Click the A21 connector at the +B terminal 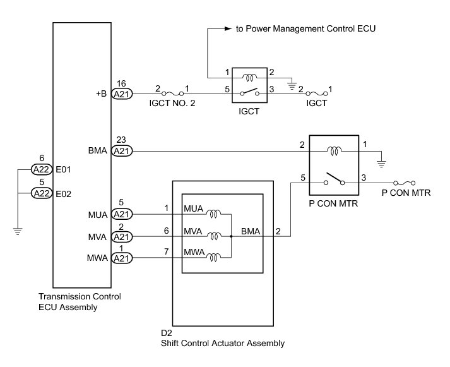click(122, 94)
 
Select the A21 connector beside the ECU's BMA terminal click(122, 151)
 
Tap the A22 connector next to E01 click(42, 169)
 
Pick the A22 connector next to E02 click(42, 193)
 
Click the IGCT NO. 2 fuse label click(172, 103)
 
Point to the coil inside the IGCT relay click(250, 77)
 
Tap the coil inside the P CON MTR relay click(334, 151)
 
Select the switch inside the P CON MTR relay click(334, 179)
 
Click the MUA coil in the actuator click(214, 214)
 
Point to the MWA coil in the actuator click(214, 257)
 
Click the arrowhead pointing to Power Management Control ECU click(228, 28)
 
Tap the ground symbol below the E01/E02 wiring click(18, 231)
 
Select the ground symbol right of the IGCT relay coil click(292, 85)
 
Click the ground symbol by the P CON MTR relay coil click(381, 164)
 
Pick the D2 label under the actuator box click(167, 333)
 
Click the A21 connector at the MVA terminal click(122, 237)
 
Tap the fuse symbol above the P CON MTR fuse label click(405, 183)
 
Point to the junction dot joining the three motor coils click(231, 236)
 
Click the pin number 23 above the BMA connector click(121, 140)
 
